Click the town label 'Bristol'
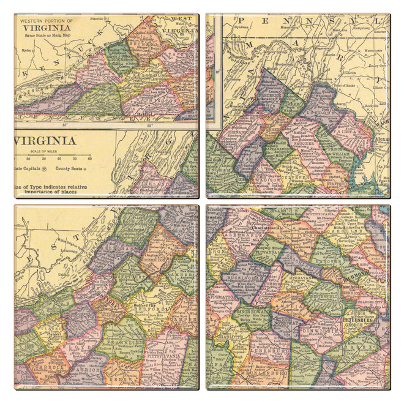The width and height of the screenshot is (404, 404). coord(146,114)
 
